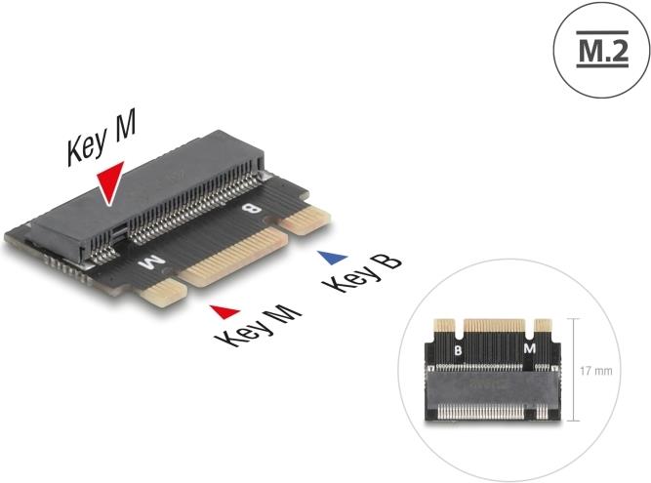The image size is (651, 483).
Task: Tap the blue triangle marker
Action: click(334, 257)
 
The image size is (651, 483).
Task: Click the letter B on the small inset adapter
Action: click(458, 348)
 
